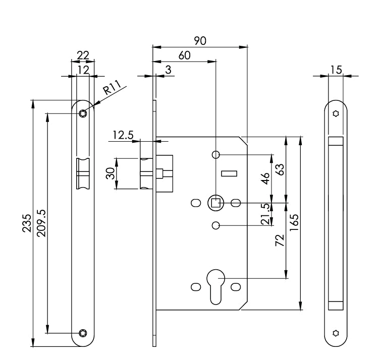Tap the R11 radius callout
click(x=113, y=90)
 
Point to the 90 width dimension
click(x=200, y=41)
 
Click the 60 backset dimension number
click(x=184, y=55)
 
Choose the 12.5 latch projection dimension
click(x=123, y=135)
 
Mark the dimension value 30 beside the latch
click(x=109, y=174)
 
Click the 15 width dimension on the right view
click(x=336, y=70)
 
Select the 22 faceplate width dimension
click(x=83, y=55)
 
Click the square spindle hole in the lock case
click(x=215, y=203)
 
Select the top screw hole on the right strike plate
click(x=336, y=113)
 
